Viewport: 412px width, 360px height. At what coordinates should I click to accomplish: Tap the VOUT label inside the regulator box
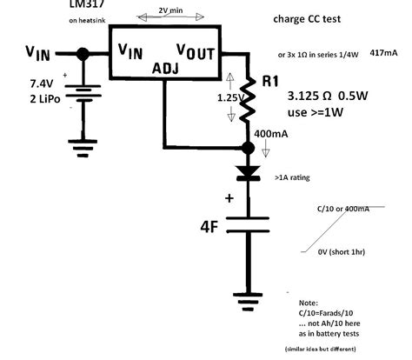tap(196, 53)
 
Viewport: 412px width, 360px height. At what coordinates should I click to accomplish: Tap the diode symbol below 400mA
tap(247, 172)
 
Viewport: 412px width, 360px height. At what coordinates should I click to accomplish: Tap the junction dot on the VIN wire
tap(83, 54)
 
